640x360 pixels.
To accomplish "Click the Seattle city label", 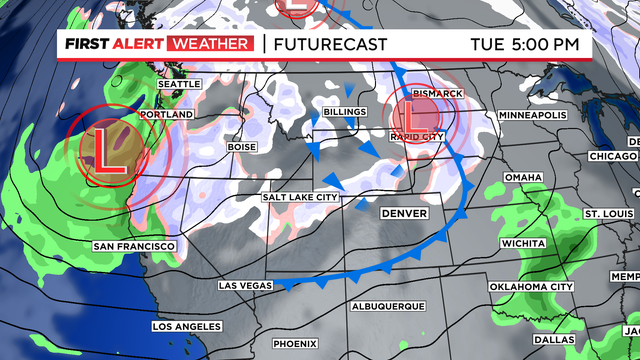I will pyautogui.click(x=180, y=84).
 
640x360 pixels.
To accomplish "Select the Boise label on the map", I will pyautogui.click(x=242, y=147).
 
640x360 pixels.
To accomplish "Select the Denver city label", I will pyautogui.click(x=405, y=214).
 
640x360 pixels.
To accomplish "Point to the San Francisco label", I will pyautogui.click(x=134, y=246).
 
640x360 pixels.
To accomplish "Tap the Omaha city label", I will pyautogui.click(x=523, y=176).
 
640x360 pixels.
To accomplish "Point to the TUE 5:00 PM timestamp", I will pyautogui.click(x=525, y=44).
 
